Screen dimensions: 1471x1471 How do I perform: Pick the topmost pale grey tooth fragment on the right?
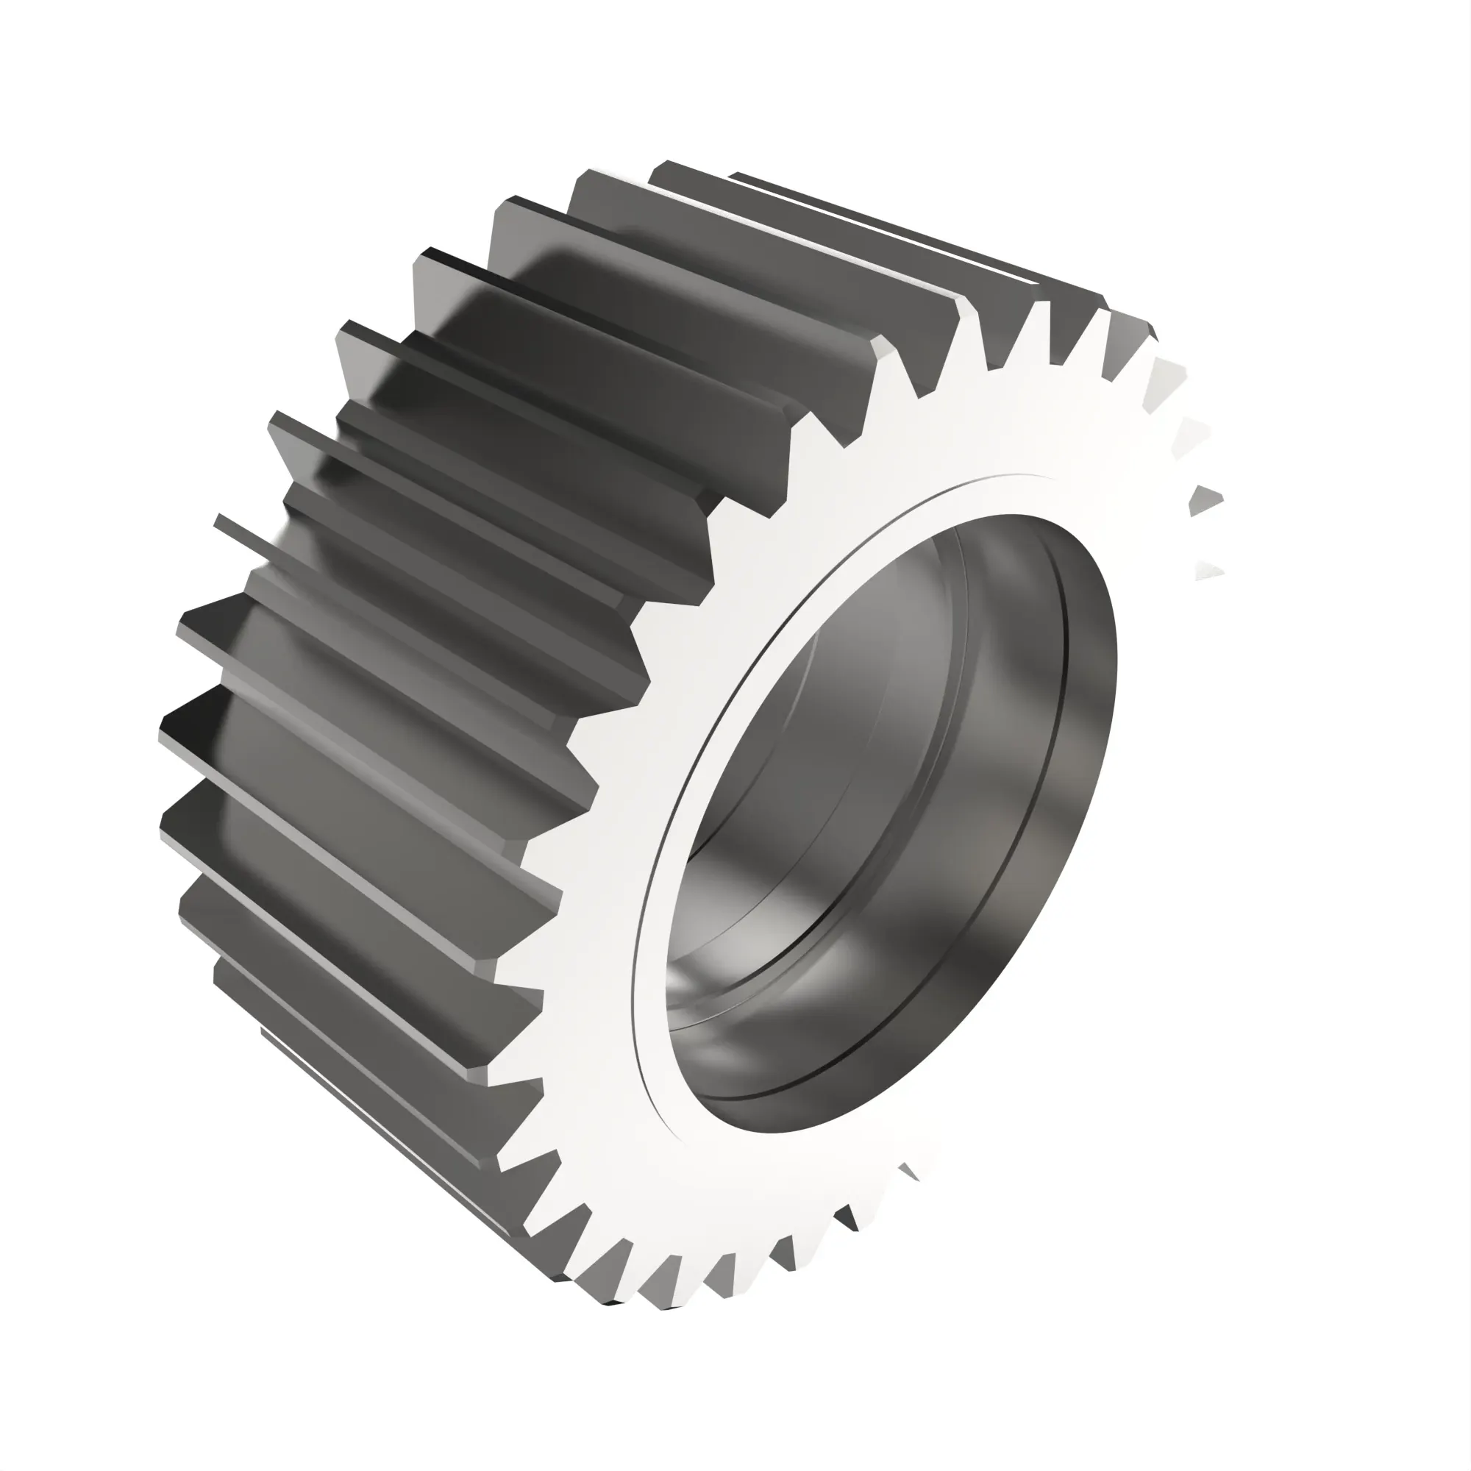pyautogui.click(x=1169, y=373)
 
